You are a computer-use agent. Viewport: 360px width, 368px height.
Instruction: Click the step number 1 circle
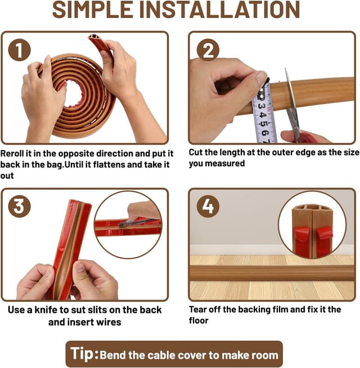pyautogui.click(x=20, y=50)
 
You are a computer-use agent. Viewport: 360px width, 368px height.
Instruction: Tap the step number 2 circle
pyautogui.click(x=208, y=50)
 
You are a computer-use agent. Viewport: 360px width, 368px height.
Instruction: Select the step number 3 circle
pyautogui.click(x=20, y=206)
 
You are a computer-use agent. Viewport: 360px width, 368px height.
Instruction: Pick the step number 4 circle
pyautogui.click(x=208, y=206)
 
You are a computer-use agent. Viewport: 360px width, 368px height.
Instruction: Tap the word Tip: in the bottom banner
pyautogui.click(x=84, y=354)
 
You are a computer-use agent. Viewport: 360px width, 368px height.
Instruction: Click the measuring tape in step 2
pyautogui.click(x=264, y=112)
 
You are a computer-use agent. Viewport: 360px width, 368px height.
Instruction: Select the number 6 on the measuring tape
pyautogui.click(x=265, y=133)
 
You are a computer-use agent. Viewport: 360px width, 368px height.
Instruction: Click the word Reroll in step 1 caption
pyautogui.click(x=12, y=153)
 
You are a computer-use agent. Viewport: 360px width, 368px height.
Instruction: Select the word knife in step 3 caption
pyautogui.click(x=46, y=310)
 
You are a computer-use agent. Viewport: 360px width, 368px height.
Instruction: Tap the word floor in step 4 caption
pyautogui.click(x=199, y=321)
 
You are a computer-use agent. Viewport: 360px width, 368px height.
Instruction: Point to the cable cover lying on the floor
pyautogui.click(x=272, y=274)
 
